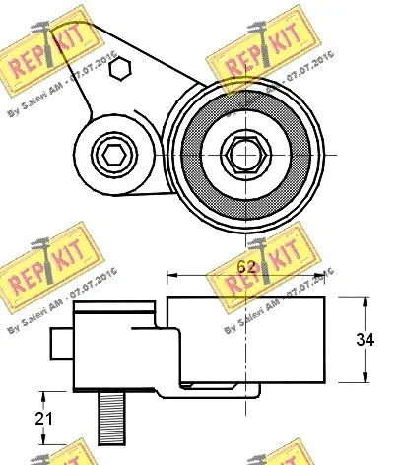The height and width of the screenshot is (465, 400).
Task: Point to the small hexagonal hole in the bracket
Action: click(x=119, y=68)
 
